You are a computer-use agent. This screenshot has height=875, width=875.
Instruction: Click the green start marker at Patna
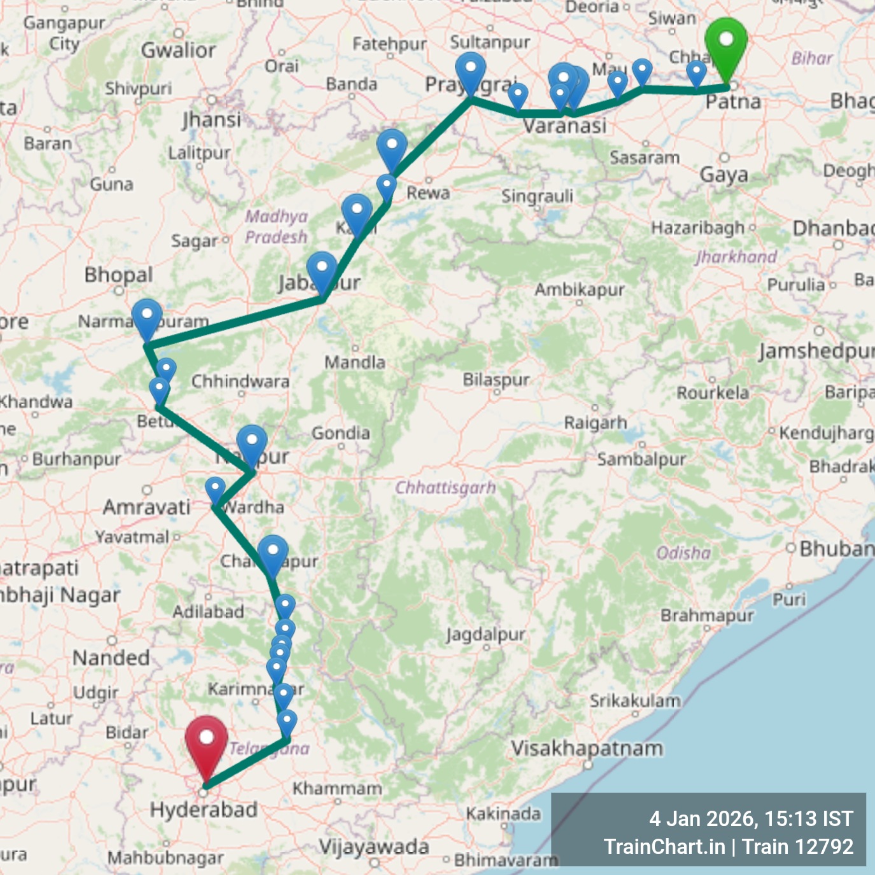(x=726, y=43)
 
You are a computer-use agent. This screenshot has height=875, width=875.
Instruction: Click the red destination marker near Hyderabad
(x=206, y=740)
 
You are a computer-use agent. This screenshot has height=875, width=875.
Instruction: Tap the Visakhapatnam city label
(x=587, y=748)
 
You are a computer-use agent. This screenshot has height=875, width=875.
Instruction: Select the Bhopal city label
(x=118, y=275)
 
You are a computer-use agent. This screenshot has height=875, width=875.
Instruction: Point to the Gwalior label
(x=178, y=50)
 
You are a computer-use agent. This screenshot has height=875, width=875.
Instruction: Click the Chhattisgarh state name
(x=445, y=488)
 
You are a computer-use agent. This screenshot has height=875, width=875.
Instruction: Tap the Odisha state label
(x=683, y=552)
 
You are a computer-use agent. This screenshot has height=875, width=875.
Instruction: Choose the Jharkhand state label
(x=736, y=256)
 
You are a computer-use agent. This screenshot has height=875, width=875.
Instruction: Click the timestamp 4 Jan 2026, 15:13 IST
(x=751, y=818)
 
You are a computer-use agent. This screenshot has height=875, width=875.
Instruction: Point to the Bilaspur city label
(x=496, y=380)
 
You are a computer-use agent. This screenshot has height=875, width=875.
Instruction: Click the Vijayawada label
(x=374, y=847)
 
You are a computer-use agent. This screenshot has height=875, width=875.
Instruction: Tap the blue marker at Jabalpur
(x=322, y=270)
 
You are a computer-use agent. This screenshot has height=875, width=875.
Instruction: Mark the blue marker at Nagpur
(x=252, y=444)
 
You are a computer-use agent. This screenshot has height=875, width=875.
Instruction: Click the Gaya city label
(x=724, y=174)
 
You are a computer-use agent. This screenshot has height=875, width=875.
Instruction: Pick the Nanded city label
(x=111, y=657)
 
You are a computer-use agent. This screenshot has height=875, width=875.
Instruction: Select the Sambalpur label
(x=641, y=459)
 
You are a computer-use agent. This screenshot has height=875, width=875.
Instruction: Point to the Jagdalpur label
(x=486, y=634)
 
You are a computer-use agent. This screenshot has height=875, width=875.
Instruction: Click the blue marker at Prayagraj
(x=470, y=71)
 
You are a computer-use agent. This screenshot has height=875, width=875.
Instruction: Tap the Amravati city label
(x=146, y=507)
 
